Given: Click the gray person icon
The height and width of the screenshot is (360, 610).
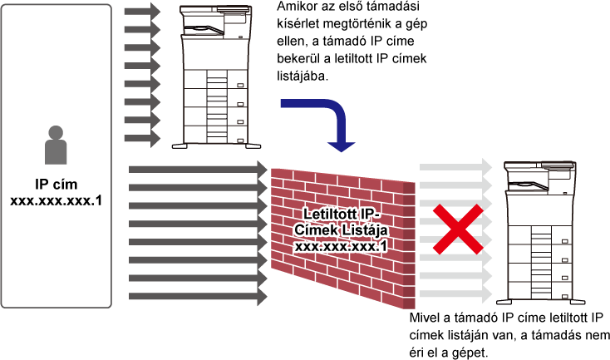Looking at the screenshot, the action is (x=56, y=145).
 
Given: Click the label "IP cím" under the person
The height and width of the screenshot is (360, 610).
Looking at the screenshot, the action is (x=56, y=184).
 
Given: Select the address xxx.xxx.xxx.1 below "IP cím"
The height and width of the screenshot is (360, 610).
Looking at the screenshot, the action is (x=56, y=201).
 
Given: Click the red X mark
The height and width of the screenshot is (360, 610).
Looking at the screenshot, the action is (x=458, y=229).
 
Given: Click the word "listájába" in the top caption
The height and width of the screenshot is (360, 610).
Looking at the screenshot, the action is (x=303, y=76).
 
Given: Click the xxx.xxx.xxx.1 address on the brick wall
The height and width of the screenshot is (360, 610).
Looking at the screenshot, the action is (x=341, y=246).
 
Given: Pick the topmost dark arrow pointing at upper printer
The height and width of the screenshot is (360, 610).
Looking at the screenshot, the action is (x=142, y=11).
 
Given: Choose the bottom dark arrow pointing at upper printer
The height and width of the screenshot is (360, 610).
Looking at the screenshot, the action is (x=142, y=138).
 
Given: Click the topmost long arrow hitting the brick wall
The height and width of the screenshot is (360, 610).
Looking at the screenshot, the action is (x=198, y=170).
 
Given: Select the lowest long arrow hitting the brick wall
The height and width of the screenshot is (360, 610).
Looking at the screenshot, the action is (x=198, y=297).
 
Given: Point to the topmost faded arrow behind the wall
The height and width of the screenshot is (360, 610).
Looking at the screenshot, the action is (x=456, y=167).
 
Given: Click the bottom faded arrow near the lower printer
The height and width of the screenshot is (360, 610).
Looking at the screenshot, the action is (x=456, y=294).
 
